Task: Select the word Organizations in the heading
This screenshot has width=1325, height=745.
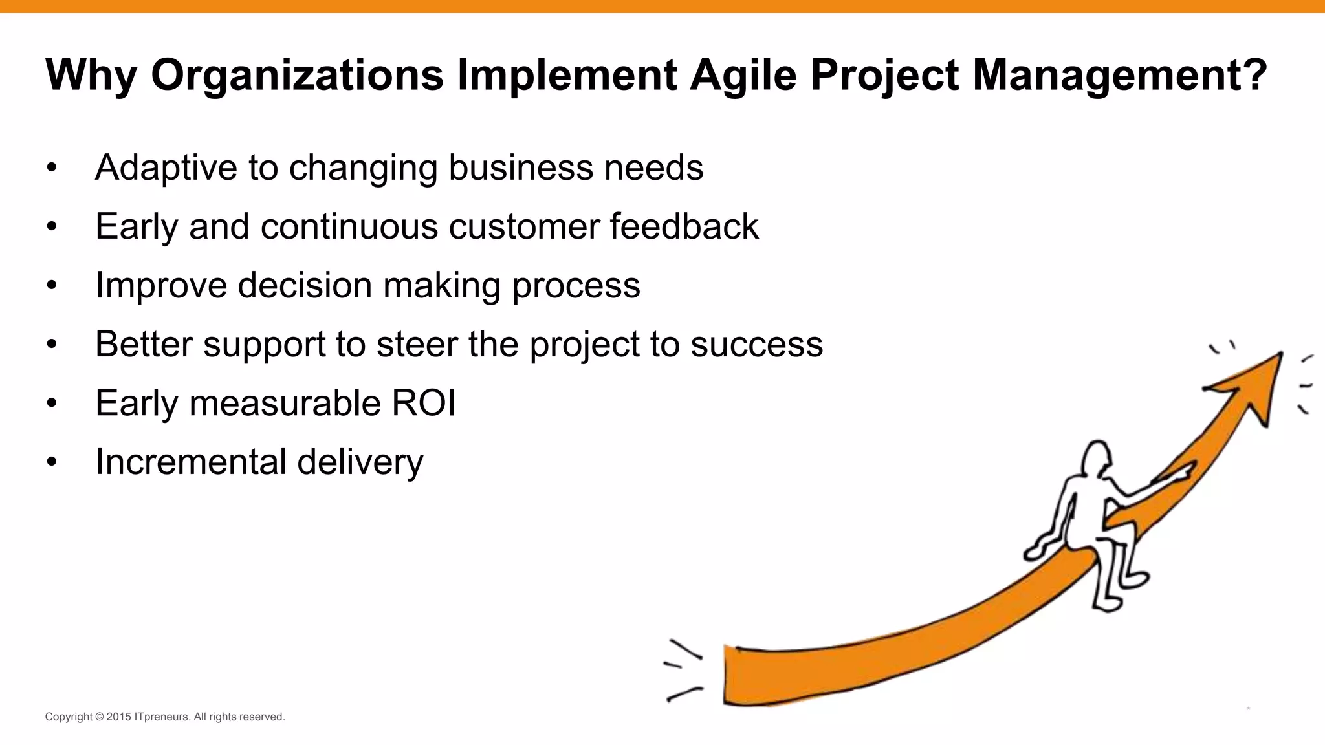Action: point(297,76)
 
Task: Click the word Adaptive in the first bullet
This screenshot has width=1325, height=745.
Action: point(166,168)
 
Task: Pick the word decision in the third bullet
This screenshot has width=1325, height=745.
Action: point(304,285)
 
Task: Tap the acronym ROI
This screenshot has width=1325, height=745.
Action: point(424,403)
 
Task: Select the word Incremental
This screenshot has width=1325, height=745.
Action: point(191,462)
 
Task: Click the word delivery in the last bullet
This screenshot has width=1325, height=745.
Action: point(360,463)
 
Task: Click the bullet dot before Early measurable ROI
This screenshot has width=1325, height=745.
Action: point(52,404)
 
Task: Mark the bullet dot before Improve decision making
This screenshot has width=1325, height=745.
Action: point(52,286)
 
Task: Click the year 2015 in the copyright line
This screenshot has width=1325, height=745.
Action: point(119,717)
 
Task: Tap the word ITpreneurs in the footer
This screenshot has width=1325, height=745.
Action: point(162,717)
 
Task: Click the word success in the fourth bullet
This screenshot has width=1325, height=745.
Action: point(756,344)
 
